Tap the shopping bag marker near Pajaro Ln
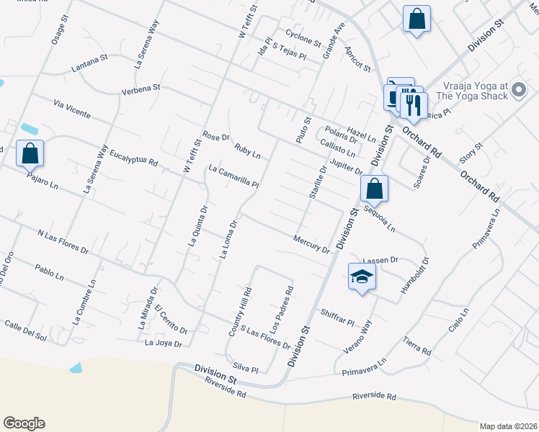point(30,153)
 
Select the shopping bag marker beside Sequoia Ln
point(374,189)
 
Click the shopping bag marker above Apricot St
point(416,19)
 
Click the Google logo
point(24,423)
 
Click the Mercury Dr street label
point(311,244)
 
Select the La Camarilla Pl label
point(233,176)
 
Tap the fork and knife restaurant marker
point(412,105)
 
